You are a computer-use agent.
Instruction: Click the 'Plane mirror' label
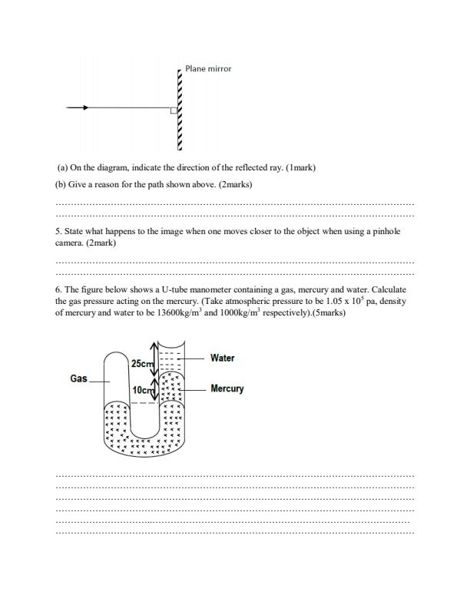[x=208, y=68]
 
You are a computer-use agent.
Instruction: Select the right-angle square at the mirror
[x=174, y=111]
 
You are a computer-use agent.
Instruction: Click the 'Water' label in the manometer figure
[x=222, y=358]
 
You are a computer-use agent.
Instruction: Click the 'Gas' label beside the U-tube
[x=78, y=379]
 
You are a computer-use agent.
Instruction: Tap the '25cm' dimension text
[x=143, y=363]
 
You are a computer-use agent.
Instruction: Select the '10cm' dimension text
[x=143, y=391]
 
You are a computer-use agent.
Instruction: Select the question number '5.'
[x=58, y=231]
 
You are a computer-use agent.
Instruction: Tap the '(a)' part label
[x=62, y=167]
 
